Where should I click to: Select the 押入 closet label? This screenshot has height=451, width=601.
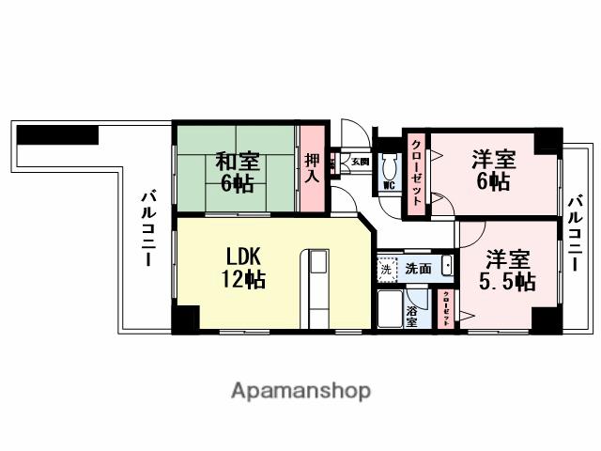(313, 169)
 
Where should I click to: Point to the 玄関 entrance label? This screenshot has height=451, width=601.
(361, 162)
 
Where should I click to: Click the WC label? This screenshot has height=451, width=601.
(386, 185)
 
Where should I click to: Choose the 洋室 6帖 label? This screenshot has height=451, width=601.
(492, 169)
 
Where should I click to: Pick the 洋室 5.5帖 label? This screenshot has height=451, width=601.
(507, 269)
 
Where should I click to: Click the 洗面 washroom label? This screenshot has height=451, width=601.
(418, 269)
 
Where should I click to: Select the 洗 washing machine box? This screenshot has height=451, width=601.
(387, 269)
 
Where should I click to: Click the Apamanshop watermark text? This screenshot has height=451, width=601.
(300, 390)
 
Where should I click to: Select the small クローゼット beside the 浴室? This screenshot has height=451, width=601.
(446, 307)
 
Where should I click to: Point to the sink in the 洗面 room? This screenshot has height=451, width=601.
(447, 267)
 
